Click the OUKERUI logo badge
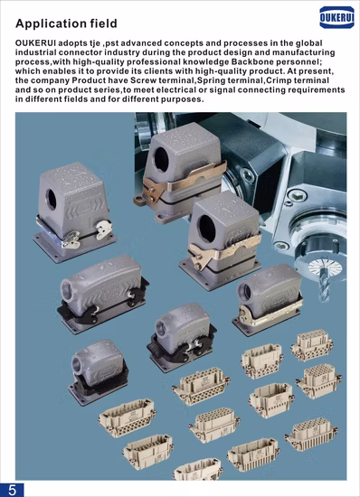click(x=336, y=17)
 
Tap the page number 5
click(x=12, y=490)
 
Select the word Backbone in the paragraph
click(x=252, y=61)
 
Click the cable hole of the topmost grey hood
click(x=161, y=159)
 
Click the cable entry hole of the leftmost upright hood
click(x=51, y=199)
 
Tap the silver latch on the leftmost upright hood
click(x=104, y=230)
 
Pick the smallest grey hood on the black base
click(x=98, y=372)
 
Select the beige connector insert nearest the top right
click(x=312, y=345)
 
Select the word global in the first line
click(x=309, y=43)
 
